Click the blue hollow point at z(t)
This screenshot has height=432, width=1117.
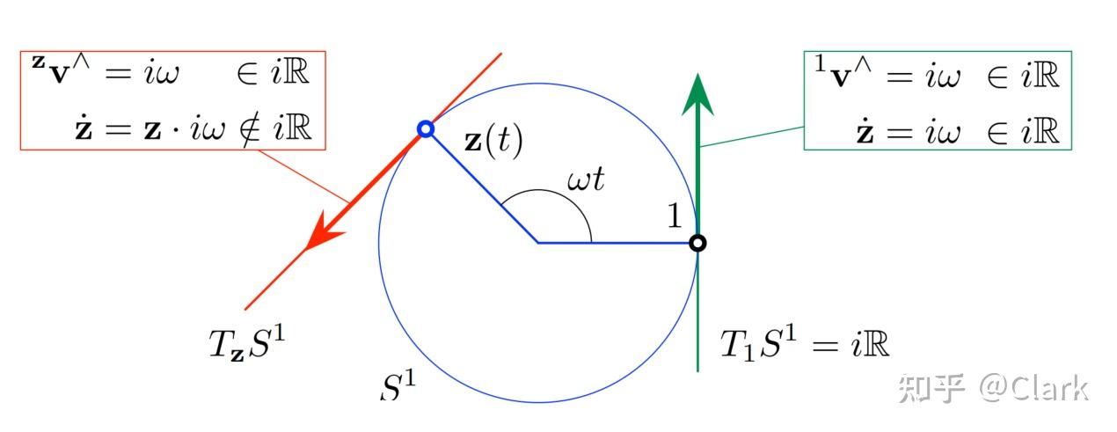[425, 129]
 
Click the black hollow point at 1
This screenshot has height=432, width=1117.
[697, 242]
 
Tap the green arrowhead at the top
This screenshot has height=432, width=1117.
[697, 95]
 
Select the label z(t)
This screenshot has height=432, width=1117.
[493, 142]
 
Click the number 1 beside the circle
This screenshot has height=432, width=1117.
[675, 215]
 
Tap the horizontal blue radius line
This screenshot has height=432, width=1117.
[616, 242]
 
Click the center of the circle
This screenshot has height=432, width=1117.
[538, 242]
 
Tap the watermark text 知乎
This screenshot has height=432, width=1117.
[931, 388]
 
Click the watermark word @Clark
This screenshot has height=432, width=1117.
[1036, 388]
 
